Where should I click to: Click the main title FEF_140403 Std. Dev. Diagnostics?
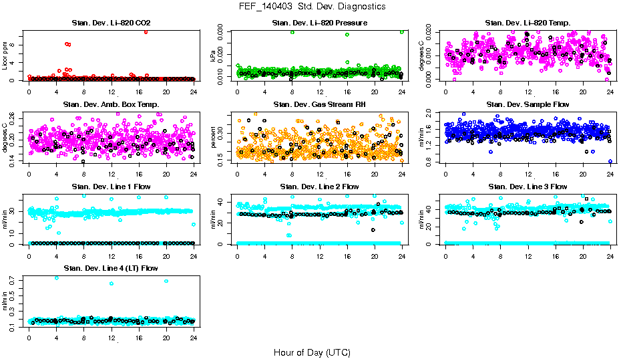[312, 7]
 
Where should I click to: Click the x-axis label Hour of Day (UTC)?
[312, 352]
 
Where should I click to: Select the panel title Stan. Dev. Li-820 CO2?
[111, 23]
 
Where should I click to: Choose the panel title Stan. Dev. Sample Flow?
[528, 105]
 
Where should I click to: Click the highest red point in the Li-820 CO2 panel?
[146, 31]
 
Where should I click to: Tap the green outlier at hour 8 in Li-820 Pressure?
[292, 32]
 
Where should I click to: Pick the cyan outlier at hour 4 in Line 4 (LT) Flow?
[56, 277]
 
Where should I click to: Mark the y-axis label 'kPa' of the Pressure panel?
[214, 55]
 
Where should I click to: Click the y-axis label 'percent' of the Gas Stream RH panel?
[214, 137]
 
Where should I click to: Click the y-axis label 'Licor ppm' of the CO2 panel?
[6, 55]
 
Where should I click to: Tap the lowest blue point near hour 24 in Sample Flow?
[610, 161]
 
